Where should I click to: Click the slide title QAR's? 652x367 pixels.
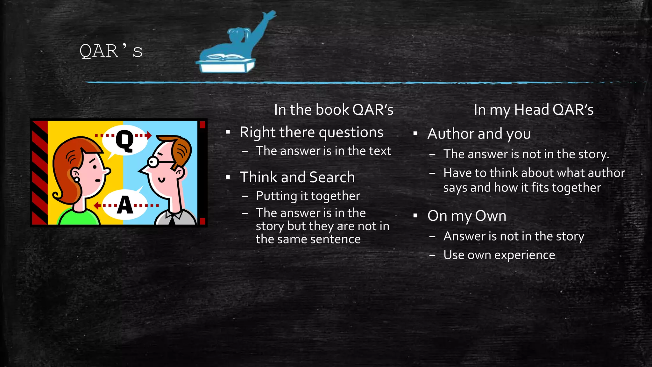111,51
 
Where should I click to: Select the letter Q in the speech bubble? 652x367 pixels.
124,140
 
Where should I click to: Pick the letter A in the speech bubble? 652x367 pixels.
125,205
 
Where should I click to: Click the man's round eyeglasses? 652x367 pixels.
153,162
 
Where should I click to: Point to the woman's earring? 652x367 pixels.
77,180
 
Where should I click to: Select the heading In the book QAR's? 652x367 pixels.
334,110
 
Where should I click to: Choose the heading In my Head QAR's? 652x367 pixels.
534,110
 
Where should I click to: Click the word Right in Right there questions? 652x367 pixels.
257,133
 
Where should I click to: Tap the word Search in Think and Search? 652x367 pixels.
332,177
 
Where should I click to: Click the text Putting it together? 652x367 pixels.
308,196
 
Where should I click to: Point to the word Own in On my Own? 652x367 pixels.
490,216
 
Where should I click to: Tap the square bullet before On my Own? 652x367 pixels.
415,216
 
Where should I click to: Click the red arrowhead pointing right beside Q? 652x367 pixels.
149,135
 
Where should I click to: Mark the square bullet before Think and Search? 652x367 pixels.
228,177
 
